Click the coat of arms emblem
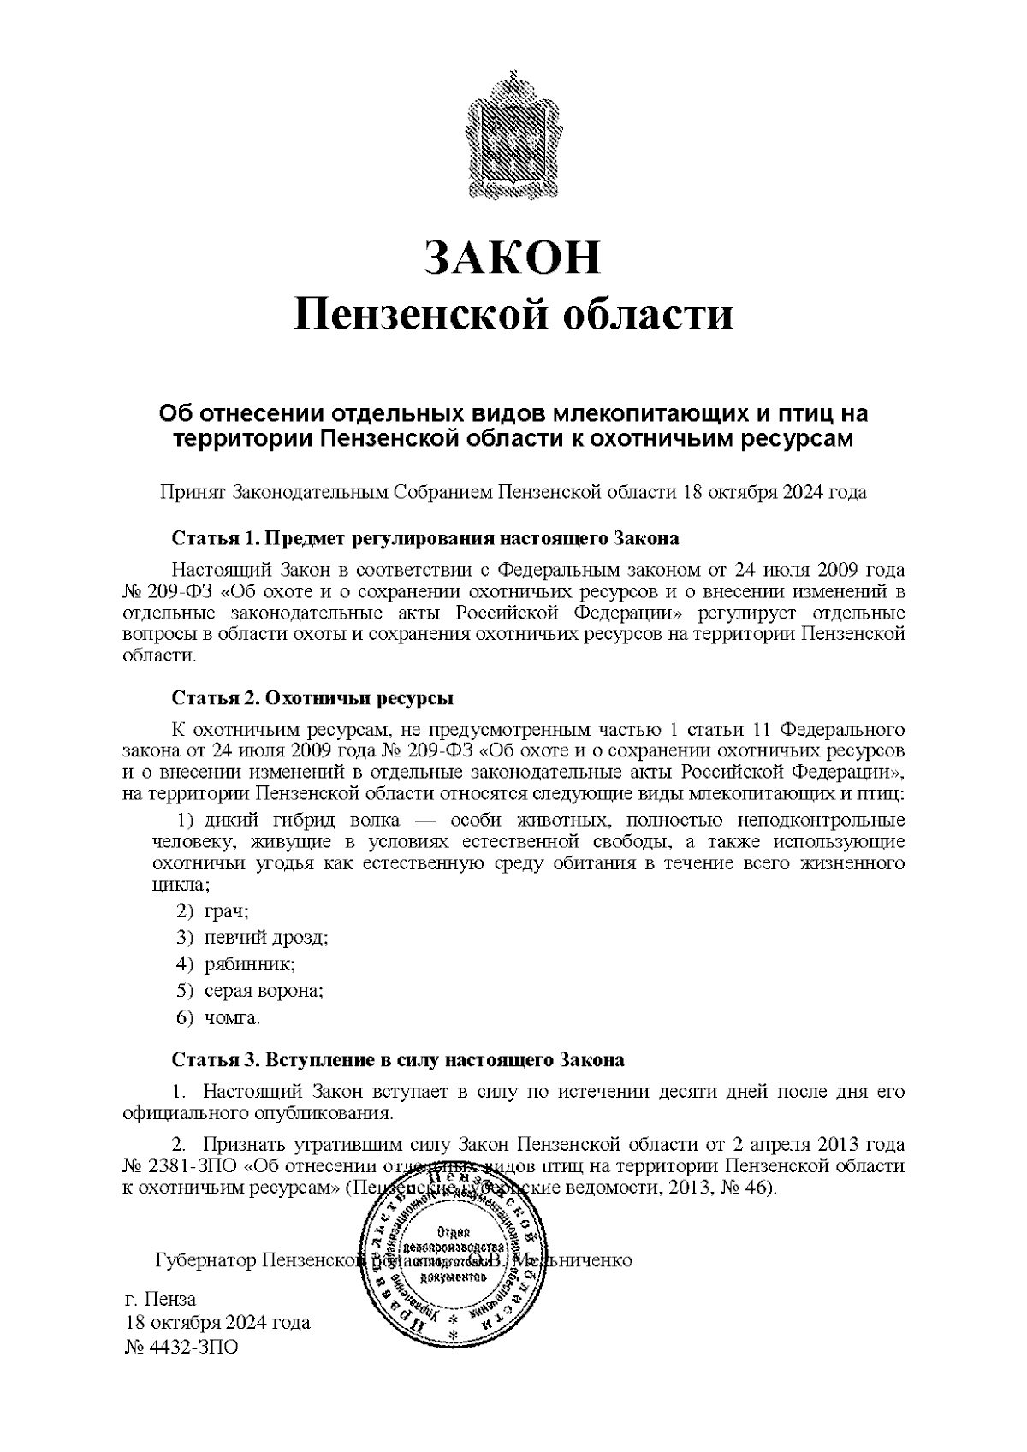tap(513, 137)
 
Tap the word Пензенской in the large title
tap(420, 315)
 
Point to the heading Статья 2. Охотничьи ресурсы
tap(312, 697)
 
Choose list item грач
tap(225, 910)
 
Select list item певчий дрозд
tap(265, 937)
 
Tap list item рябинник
tap(249, 964)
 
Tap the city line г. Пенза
tap(161, 1299)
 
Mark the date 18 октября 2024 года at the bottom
tap(218, 1323)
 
